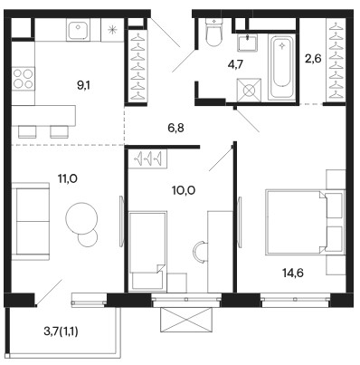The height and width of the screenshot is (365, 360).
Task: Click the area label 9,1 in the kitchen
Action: pos(84,86)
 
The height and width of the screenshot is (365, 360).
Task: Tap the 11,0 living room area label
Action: pos(68,178)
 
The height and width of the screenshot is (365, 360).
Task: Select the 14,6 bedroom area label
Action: pos(293,273)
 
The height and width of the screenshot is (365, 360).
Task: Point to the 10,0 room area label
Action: pos(184,190)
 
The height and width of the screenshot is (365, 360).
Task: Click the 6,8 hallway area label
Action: pos(175,128)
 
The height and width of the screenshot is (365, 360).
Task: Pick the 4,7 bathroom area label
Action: pos(235,64)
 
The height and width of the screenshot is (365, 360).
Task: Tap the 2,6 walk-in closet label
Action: pos(313,58)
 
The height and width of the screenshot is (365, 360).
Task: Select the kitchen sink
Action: pos(78,30)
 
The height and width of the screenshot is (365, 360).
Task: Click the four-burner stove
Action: pos(23,78)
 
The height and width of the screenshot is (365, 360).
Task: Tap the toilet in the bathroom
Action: pos(213,33)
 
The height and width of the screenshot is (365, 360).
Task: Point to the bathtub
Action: pos(281,67)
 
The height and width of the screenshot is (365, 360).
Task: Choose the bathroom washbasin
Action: pos(248,43)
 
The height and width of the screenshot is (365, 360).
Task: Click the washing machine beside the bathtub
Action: pos(249,90)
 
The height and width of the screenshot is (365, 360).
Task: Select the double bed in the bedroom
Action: pos(305,222)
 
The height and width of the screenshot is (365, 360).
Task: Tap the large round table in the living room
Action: pos(81,217)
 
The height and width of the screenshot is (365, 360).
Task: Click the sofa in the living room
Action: pos(30,221)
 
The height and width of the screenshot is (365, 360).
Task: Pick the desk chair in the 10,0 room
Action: pos(199,252)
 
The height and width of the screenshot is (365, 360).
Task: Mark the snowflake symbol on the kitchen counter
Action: pos(112,30)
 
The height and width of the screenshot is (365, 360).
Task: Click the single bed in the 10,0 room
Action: pos(147,251)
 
